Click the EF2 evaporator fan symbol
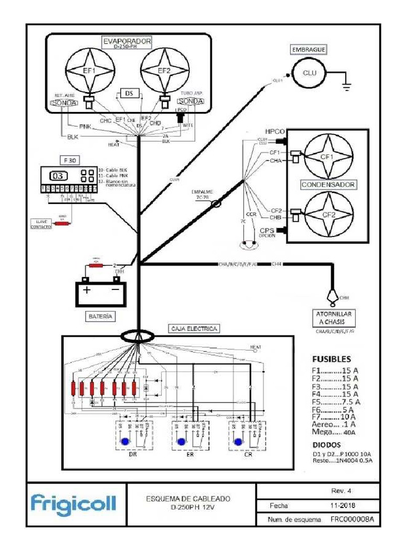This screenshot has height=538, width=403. pos(165,70)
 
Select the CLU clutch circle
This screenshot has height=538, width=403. pos(310,73)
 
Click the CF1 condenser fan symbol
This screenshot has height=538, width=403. pos(327,156)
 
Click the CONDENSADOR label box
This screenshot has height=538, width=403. pos(328,185)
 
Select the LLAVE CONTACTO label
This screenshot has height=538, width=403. pos(41,224)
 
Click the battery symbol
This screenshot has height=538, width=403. pos(101,292)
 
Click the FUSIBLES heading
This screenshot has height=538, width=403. pos(331,360)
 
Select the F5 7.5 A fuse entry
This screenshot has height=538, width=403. pos(335,402)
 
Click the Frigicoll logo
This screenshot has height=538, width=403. pos(73,505)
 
